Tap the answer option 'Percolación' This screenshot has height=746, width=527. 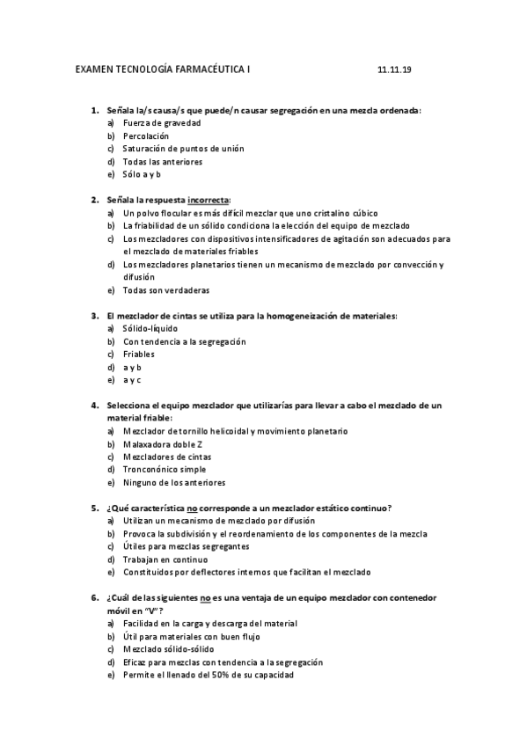tap(146, 136)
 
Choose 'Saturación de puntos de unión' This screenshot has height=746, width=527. tap(171, 149)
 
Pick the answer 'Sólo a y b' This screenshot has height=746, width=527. tap(142, 174)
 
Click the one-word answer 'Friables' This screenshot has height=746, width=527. tap(139, 354)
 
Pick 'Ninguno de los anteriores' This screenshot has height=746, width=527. tap(174, 482)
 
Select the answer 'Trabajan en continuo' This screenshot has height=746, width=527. tap(165, 559)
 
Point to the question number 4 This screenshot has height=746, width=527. tap(94, 406)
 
